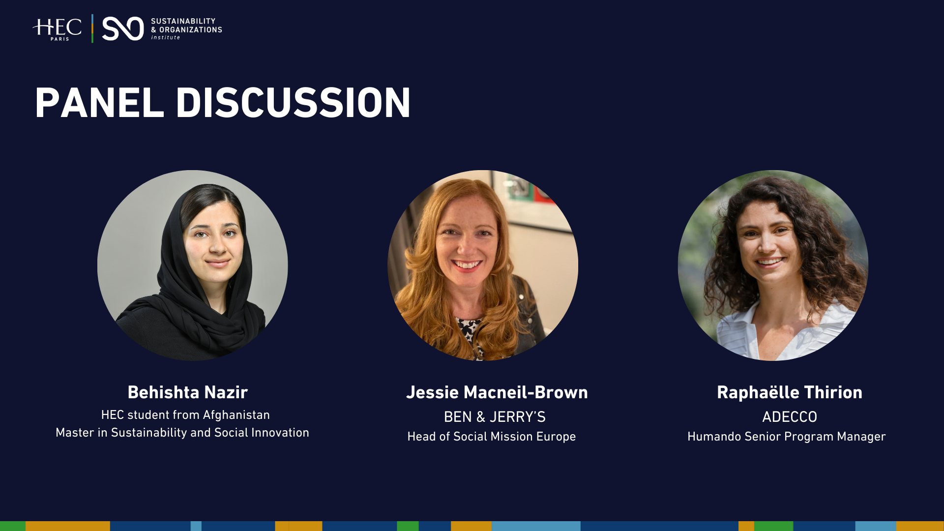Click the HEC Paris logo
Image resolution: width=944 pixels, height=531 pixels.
coord(58,29)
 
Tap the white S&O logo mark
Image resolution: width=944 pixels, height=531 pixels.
coord(122,29)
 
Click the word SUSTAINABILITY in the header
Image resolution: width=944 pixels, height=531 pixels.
coord(183,21)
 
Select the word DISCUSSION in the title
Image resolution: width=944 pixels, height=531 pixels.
coord(293,103)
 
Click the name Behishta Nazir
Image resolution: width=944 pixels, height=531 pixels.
coord(187,392)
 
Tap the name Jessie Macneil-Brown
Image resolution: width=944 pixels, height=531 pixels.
coord(497,392)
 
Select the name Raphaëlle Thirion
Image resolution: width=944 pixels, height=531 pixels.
coord(789,392)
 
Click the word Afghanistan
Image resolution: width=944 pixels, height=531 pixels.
coord(236,415)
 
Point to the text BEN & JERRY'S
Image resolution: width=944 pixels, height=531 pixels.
coord(495,417)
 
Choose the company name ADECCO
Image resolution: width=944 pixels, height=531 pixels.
coord(789,417)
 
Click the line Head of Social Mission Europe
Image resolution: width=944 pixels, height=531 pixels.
coord(491,437)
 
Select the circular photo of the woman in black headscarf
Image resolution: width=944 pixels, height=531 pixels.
coord(192,265)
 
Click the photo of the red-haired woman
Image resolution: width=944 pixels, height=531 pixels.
coord(482,265)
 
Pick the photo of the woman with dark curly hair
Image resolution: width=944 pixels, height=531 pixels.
coord(773,265)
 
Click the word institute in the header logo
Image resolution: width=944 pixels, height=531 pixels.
coord(166,38)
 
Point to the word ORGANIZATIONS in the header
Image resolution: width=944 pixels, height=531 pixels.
coord(191,30)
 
